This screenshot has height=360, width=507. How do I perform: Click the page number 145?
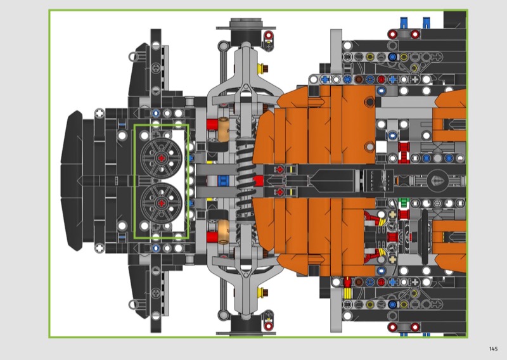point(493,349)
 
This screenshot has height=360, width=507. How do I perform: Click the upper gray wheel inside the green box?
point(161,158)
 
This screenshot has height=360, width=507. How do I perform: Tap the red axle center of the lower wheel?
point(161,203)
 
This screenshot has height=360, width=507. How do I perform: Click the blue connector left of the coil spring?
point(223,181)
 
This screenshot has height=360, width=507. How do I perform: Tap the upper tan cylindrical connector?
point(223,129)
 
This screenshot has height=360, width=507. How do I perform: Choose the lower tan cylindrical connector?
point(223,231)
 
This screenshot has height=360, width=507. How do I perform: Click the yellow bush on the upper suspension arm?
point(260,68)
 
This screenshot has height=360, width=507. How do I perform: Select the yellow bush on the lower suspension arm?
point(260,293)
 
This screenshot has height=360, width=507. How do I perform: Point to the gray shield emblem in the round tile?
point(438,181)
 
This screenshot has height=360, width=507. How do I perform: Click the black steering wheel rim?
point(425,237)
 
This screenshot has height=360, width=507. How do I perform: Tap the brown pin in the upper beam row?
point(359,79)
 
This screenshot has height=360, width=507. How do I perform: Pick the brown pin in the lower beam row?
point(359,283)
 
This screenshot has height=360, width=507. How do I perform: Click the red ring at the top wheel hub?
point(268,35)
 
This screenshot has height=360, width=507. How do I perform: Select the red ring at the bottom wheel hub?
point(268,326)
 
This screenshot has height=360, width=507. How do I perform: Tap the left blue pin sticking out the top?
point(404,23)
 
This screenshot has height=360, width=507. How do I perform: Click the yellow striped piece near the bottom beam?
point(347,293)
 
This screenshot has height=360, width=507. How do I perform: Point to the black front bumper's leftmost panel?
point(72,181)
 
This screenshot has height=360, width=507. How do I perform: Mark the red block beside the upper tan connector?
point(212,125)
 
